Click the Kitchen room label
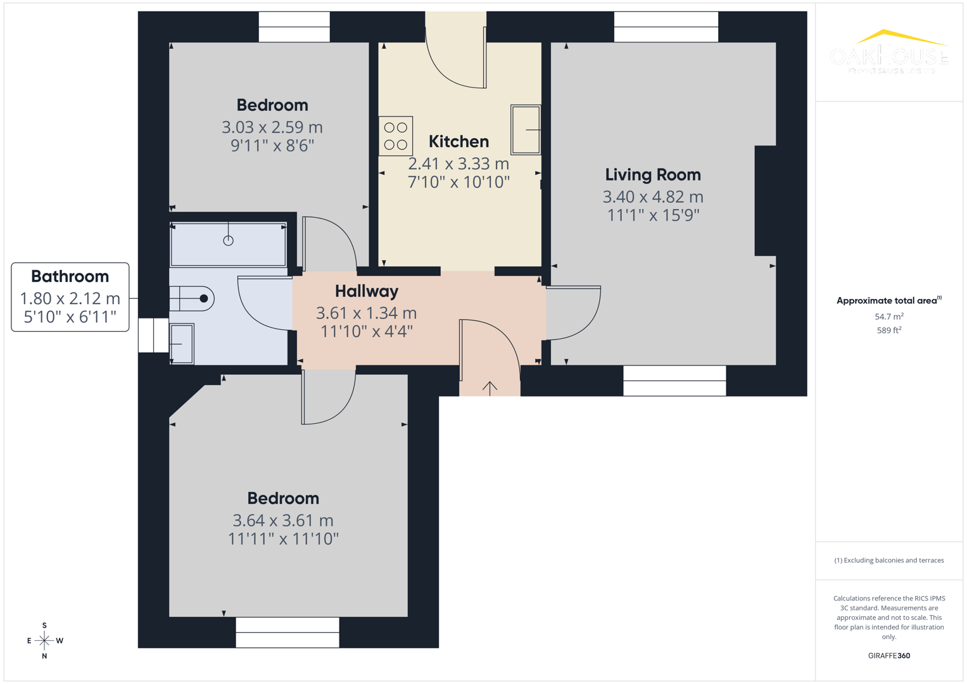pos(458,141)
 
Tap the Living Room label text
pos(652,175)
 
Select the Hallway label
pos(366,291)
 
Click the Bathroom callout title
pos(70,277)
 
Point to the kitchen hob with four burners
pos(396,136)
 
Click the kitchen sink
pos(526,130)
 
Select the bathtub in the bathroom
pos(229,244)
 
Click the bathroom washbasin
pos(181,344)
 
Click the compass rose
pos(44,640)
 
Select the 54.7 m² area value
pos(888,317)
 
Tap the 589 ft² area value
pos(888,331)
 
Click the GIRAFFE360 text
pos(888,655)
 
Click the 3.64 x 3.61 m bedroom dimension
pos(282,521)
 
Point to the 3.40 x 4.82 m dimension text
pos(652,197)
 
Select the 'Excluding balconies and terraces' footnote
pos(888,560)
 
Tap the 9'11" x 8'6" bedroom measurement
pos(272,146)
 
